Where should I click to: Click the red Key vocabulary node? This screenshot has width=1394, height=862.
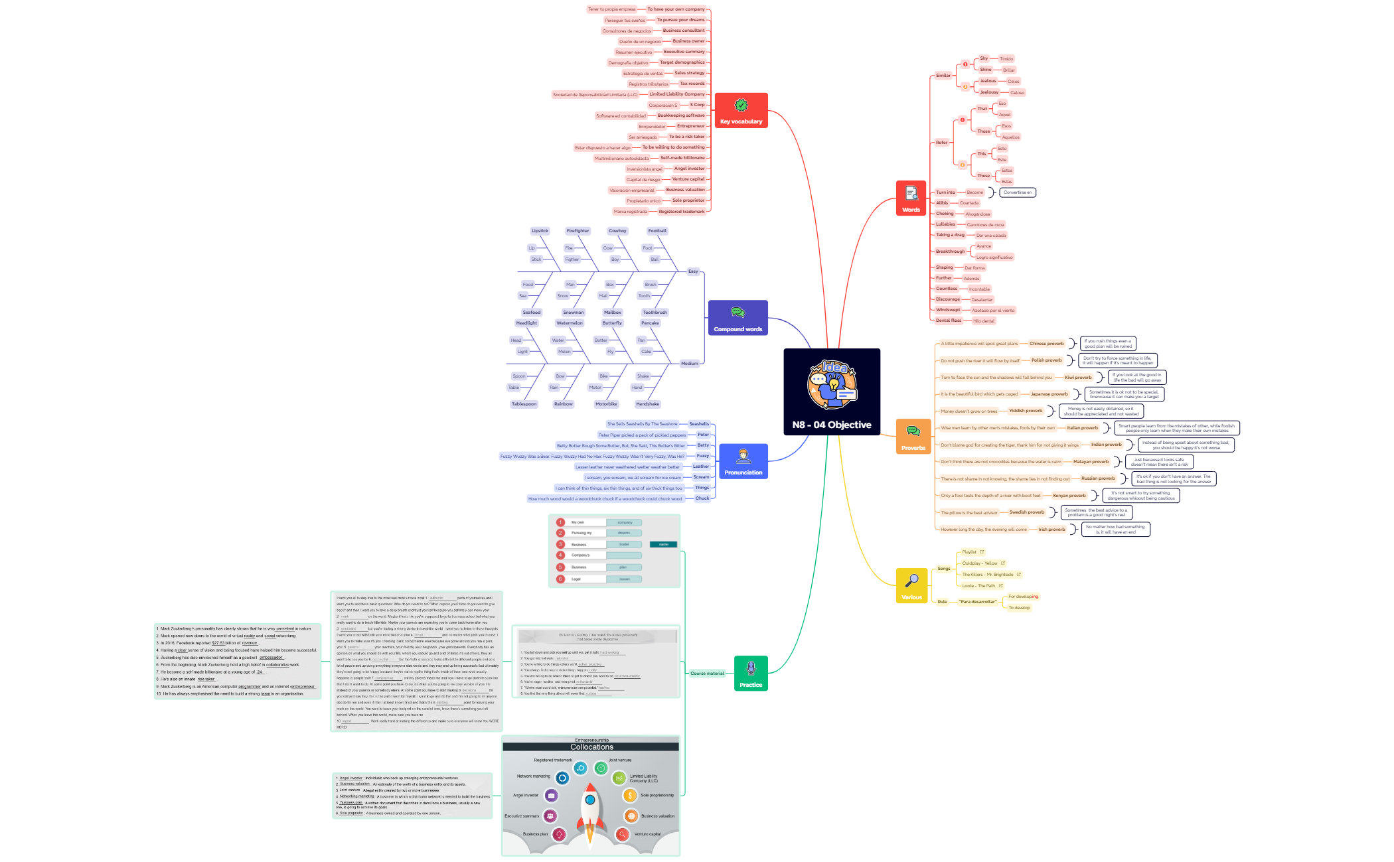click(741, 110)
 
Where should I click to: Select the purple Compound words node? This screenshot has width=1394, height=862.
click(737, 318)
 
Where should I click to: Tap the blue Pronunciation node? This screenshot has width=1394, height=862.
click(743, 461)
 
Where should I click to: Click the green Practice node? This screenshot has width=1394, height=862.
click(751, 673)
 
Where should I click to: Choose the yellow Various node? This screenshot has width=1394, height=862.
click(911, 585)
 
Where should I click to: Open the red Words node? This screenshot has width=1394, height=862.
click(911, 198)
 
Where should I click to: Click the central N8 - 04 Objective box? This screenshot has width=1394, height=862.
click(832, 392)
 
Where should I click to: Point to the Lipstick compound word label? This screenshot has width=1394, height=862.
click(540, 231)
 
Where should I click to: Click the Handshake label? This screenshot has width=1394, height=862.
click(647, 404)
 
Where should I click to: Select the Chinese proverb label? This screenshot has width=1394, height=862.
click(1046, 344)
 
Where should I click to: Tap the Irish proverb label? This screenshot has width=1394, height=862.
click(1051, 530)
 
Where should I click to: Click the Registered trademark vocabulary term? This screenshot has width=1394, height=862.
click(681, 212)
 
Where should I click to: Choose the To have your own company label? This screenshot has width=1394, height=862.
click(676, 9)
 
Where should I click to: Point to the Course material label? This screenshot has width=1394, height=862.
click(707, 674)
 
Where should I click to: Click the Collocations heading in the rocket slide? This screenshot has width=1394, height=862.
click(591, 747)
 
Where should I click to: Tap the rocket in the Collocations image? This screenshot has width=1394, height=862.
click(591, 810)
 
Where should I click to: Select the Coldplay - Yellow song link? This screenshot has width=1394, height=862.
click(980, 563)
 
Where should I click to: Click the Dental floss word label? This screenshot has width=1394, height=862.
click(948, 321)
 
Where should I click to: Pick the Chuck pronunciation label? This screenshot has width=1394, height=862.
click(702, 498)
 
